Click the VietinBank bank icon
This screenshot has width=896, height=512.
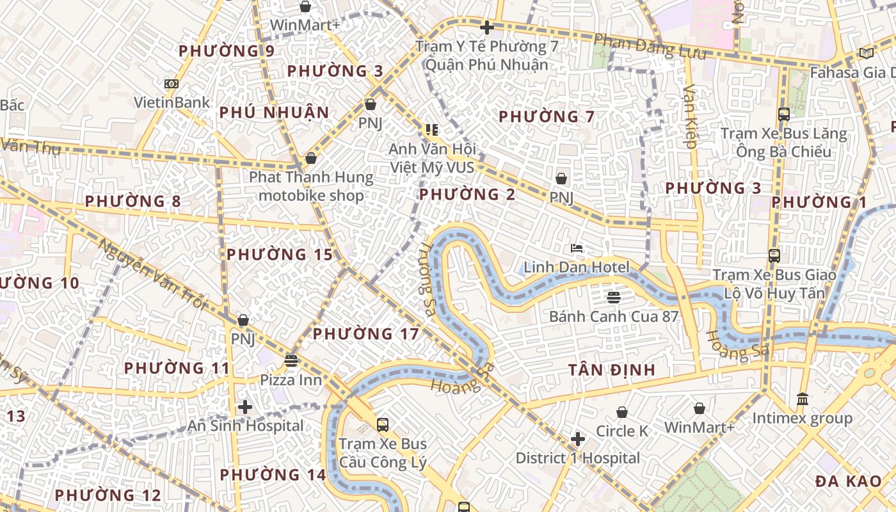tap(171, 84)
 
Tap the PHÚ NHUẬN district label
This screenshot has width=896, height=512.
tap(274, 113)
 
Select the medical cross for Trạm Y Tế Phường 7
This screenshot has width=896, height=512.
tap(486, 28)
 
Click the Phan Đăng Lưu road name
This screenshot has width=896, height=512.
tap(650, 47)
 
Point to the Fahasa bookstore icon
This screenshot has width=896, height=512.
tap(866, 53)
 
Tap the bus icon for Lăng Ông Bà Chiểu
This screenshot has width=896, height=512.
tap(783, 115)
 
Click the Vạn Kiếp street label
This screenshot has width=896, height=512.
tap(690, 116)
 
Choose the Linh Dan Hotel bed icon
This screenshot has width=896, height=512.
tap(577, 248)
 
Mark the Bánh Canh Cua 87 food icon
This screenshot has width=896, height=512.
tap(613, 297)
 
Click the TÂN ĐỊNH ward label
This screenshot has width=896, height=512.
tap(612, 370)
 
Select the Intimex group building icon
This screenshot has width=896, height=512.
tap(802, 399)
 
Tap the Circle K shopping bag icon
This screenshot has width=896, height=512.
tap(621, 412)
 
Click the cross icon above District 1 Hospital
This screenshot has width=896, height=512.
tap(577, 439)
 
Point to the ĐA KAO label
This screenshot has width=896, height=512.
tap(849, 482)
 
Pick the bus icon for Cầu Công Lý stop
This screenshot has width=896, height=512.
tap(382, 424)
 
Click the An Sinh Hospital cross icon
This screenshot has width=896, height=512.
tap(244, 406)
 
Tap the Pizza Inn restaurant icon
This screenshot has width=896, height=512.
tap(291, 361)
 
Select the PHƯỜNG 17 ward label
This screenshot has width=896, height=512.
tap(365, 333)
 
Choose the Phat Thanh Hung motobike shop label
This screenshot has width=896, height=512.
tap(311, 186)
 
